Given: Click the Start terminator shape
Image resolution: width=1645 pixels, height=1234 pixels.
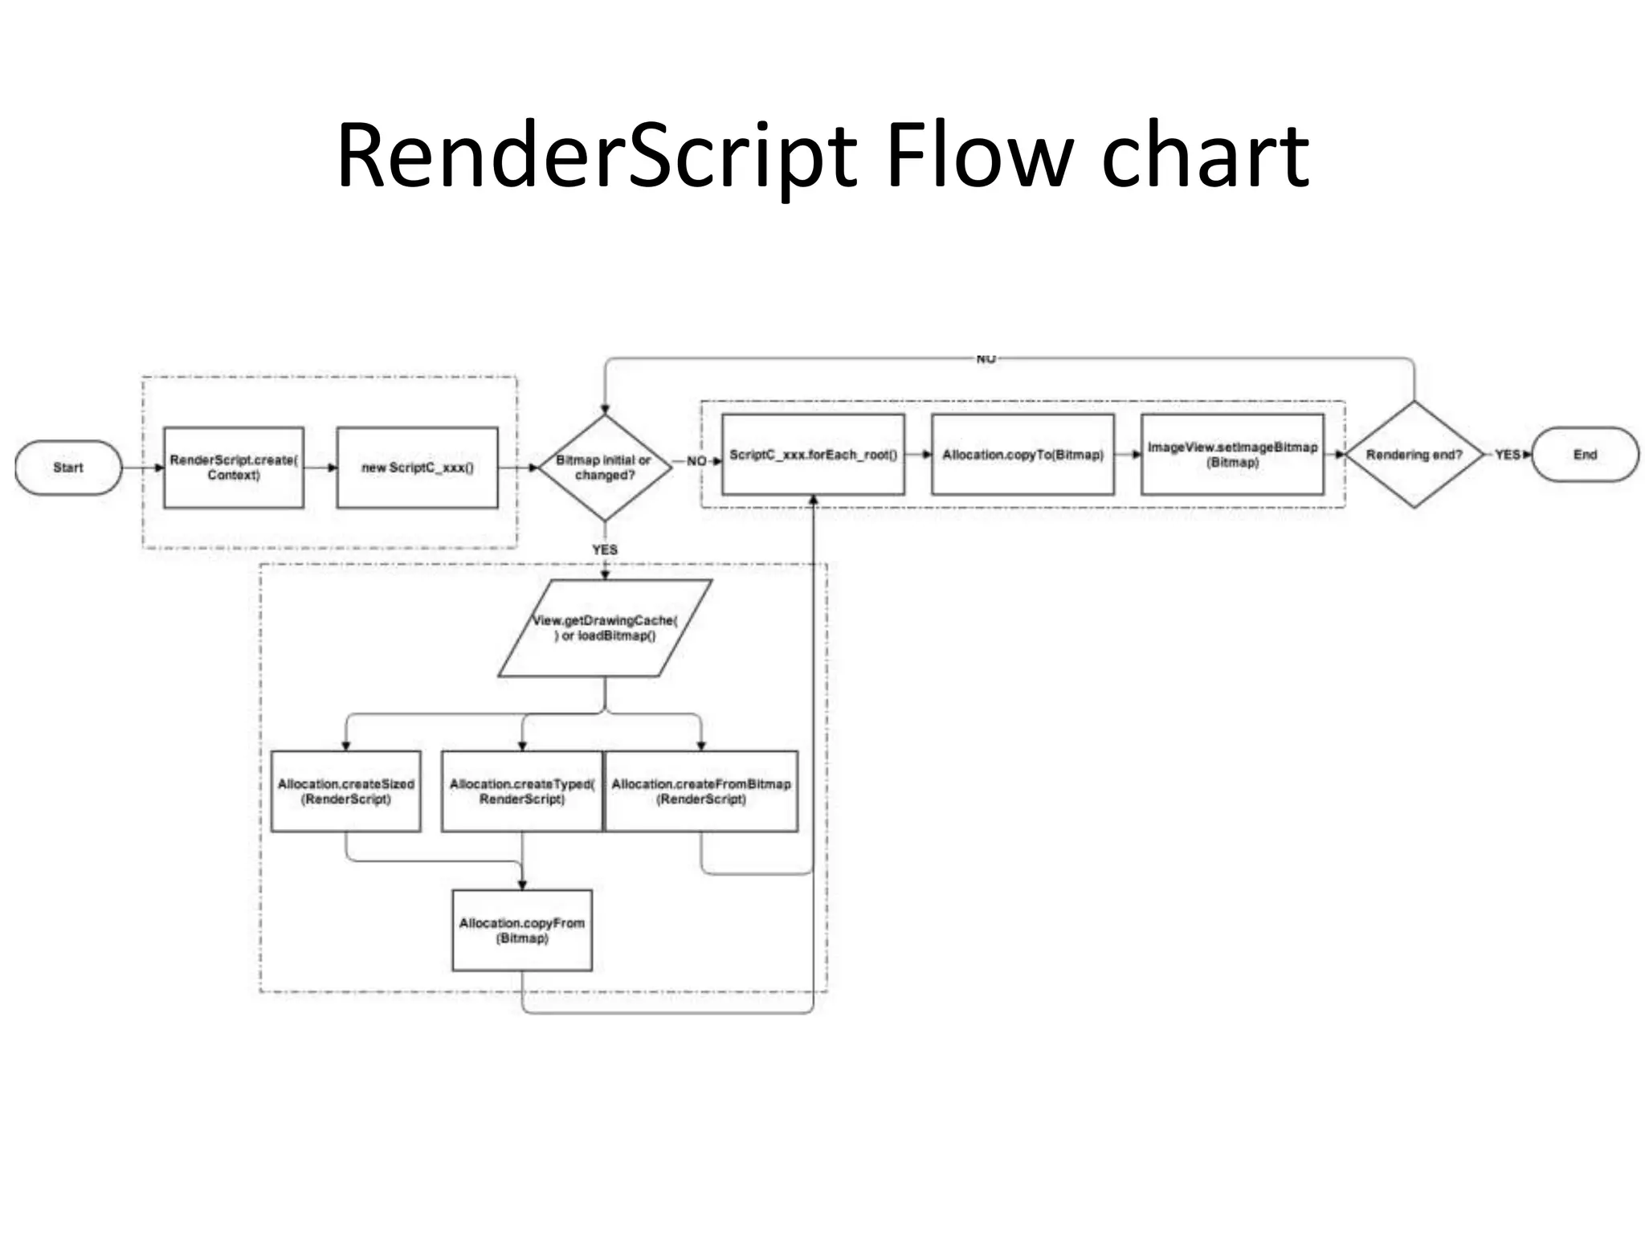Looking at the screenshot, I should pyautogui.click(x=68, y=468).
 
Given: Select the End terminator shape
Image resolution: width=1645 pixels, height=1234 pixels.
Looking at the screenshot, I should pyautogui.click(x=1584, y=455).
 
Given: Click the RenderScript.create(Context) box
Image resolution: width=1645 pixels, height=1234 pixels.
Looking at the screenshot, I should pyautogui.click(x=234, y=468).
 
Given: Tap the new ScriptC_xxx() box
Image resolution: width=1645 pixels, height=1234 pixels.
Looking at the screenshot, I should pyautogui.click(x=417, y=468).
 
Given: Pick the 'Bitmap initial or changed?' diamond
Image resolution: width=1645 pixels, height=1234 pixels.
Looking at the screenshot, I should pyautogui.click(x=605, y=468).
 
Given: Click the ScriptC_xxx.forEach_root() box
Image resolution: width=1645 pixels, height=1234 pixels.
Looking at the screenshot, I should pyautogui.click(x=813, y=455).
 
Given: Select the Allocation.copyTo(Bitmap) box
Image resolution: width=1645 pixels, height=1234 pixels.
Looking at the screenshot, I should pyautogui.click(x=1023, y=455).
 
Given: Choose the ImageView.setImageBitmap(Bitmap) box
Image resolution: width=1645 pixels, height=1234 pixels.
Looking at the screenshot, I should pyautogui.click(x=1232, y=455).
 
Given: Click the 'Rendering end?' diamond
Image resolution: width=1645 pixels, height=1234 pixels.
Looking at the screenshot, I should pyautogui.click(x=1414, y=455).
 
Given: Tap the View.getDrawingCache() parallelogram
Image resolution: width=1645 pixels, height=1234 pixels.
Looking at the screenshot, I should pyautogui.click(x=605, y=628).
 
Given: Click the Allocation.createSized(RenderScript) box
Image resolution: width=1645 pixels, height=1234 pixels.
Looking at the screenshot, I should pyautogui.click(x=346, y=791).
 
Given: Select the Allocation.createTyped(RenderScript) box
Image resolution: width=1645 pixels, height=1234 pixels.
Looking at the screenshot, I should pyautogui.click(x=521, y=791).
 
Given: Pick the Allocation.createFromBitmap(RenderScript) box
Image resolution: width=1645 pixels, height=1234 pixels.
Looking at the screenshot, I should pyautogui.click(x=701, y=791).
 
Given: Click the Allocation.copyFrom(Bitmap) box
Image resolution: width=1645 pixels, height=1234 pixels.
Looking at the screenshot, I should pyautogui.click(x=522, y=930).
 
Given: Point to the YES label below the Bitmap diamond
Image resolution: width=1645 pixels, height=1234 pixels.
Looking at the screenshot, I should pyautogui.click(x=605, y=550).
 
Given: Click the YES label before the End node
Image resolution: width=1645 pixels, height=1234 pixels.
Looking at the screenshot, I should pyautogui.click(x=1507, y=455).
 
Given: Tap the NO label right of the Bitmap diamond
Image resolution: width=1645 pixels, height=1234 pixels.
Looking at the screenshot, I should pyautogui.click(x=696, y=461).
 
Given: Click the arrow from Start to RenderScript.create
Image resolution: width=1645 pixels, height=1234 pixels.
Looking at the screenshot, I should pyautogui.click(x=143, y=468).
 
